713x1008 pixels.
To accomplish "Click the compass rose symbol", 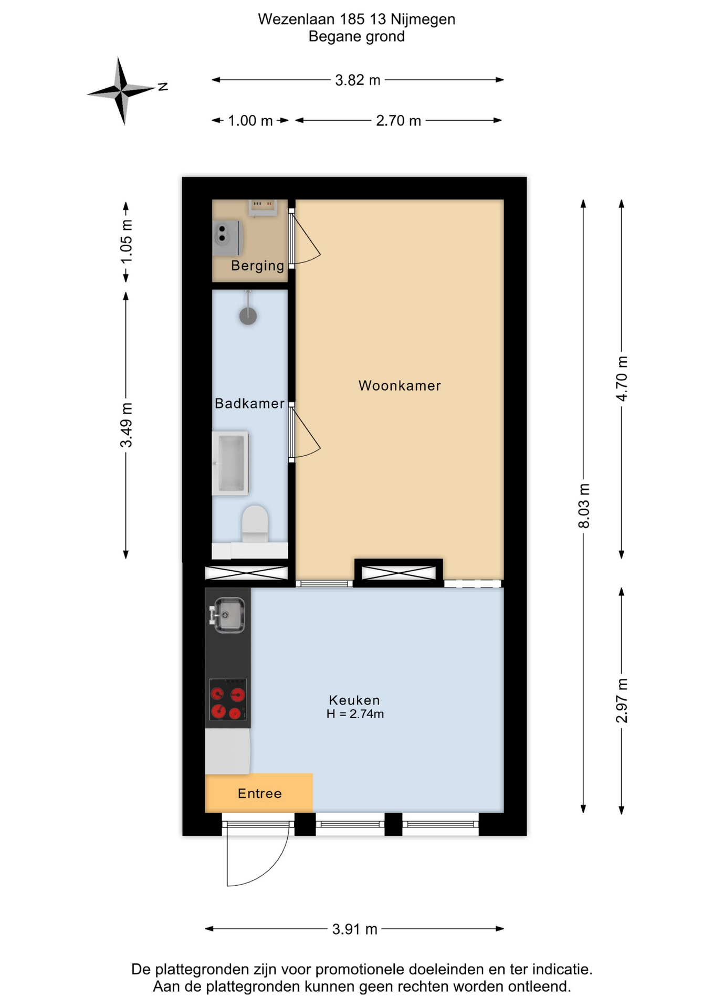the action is coord(122,91).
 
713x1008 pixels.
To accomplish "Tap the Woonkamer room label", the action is coord(400,386).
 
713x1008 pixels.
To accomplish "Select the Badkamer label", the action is coord(249,403).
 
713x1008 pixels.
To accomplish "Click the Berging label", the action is coord(257,266).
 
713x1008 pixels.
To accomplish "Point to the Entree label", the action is coord(259,793).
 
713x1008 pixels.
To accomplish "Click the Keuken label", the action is coord(354,700).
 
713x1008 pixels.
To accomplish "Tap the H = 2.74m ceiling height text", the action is coord(355,714).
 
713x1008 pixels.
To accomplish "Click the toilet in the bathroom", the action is coord(255,524).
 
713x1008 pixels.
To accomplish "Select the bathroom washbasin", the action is coord(230,464).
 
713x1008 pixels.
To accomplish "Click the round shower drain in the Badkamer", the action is coord(248,316).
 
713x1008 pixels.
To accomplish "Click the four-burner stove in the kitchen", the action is coord(228,699).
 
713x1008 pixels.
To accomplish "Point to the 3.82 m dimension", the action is coord(358,80).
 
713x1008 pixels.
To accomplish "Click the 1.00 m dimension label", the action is coord(250,121).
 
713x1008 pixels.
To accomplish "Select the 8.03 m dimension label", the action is coord(584,506).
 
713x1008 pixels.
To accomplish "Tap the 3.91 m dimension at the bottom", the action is coord(354,929).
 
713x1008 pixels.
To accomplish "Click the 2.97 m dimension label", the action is coord(622,700).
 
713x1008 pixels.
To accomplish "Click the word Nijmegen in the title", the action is coord(423,19).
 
